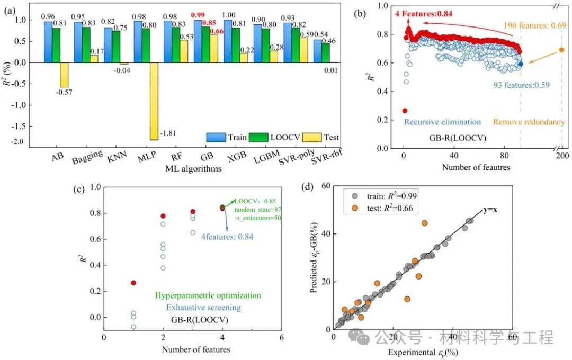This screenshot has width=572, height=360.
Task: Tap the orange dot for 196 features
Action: point(562,50)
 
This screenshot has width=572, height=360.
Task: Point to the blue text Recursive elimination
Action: point(443,121)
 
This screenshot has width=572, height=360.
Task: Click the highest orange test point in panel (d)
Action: point(424,223)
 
